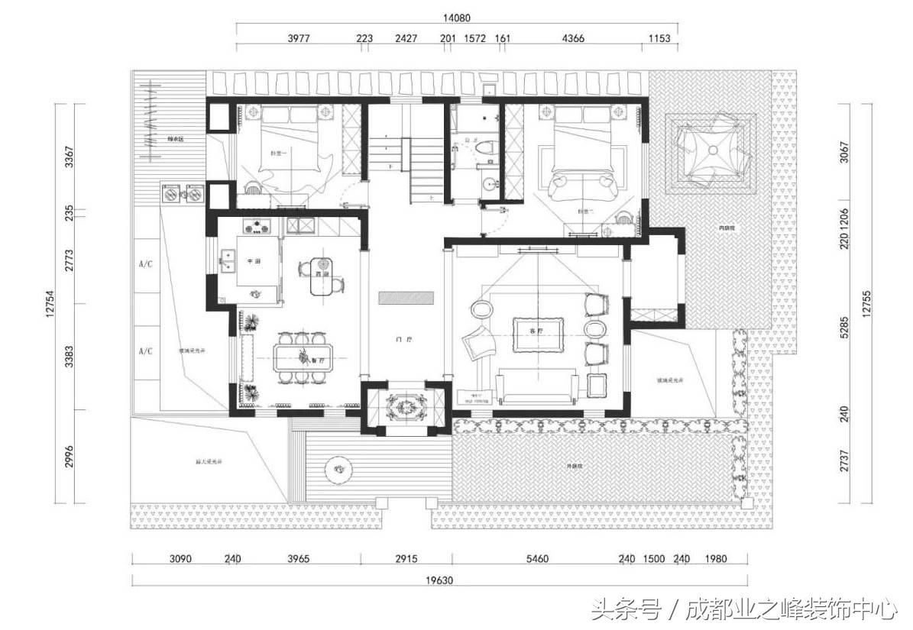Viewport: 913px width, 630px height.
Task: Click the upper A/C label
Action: click(145, 264)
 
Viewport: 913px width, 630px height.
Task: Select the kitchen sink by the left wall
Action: click(226, 260)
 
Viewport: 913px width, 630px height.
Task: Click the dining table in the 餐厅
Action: click(305, 357)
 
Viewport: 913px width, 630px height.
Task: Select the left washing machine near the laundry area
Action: click(170, 194)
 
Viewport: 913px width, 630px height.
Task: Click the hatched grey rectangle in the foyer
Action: click(406, 297)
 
